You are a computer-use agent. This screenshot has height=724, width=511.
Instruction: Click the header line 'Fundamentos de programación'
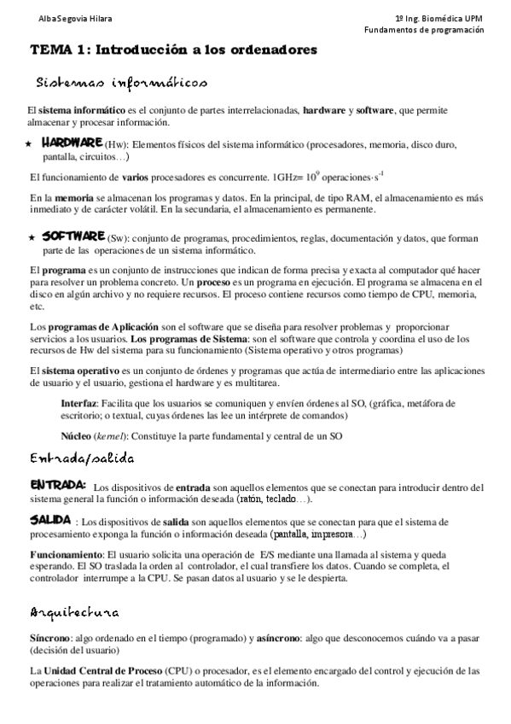tap(424, 29)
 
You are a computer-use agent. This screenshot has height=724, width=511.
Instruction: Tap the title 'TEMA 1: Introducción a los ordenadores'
tap(174, 50)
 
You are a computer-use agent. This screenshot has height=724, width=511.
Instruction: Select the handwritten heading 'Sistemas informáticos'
tap(121, 83)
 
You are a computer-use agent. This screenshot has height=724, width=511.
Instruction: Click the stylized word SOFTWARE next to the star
tap(73, 236)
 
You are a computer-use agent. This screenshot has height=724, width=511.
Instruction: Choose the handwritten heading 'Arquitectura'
tap(75, 613)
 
